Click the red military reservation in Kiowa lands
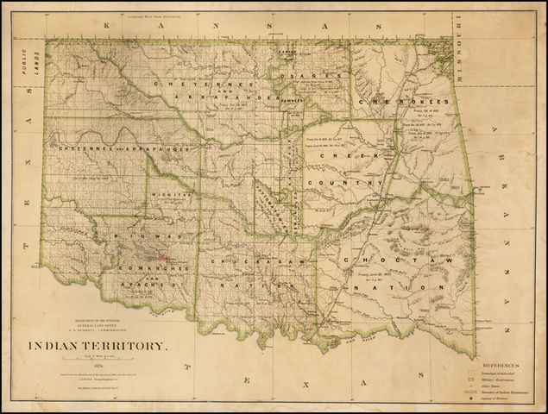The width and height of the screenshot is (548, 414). (x=161, y=256)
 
